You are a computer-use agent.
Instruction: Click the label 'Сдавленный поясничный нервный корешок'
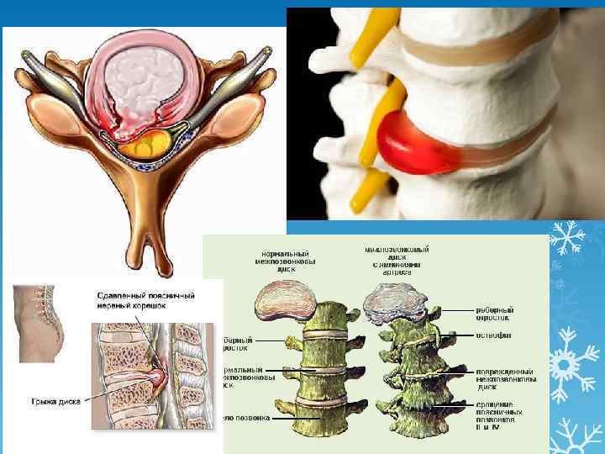(x=144, y=301)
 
